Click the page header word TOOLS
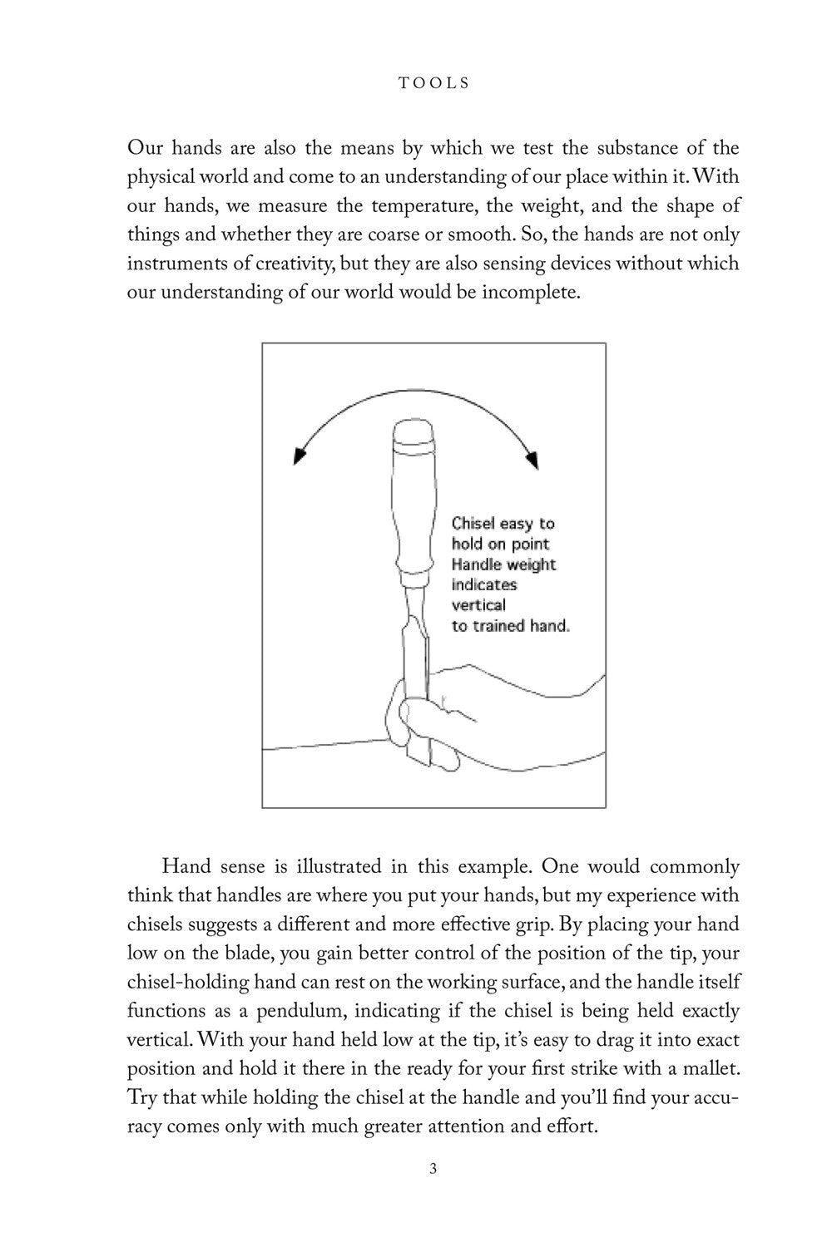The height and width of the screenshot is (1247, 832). (433, 83)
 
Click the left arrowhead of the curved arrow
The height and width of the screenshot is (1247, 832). (298, 456)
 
